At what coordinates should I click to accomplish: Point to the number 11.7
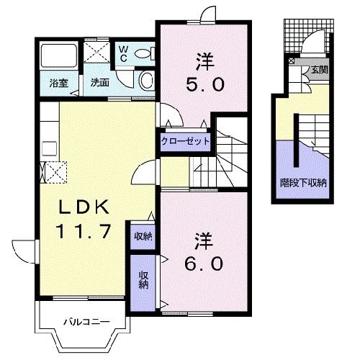81,232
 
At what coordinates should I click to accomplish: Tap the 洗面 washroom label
99,83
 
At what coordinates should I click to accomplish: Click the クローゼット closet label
186,140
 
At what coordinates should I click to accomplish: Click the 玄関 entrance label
319,70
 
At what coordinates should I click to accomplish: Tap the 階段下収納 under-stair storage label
303,183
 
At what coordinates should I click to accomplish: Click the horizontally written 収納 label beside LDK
143,235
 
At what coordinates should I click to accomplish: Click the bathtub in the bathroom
60,56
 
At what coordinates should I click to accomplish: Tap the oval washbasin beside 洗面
145,80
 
